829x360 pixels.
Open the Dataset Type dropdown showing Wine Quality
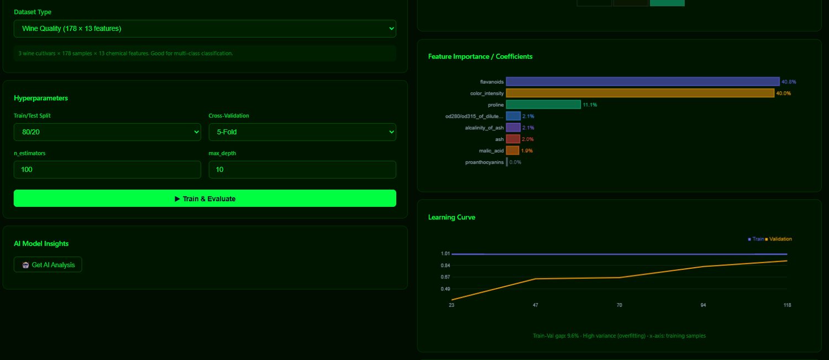pos(204,29)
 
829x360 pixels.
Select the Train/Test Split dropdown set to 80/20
pos(107,132)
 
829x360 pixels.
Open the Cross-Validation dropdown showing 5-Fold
pos(302,132)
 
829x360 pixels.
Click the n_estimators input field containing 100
pos(107,169)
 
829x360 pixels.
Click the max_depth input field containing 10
pos(302,169)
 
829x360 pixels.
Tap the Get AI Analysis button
pos(48,264)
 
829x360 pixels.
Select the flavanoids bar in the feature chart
pos(642,81)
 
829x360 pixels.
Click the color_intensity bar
pos(640,93)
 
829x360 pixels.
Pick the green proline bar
pos(543,105)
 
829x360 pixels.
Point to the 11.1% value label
pos(590,105)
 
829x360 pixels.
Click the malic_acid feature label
pos(491,151)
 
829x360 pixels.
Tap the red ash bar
pos(513,139)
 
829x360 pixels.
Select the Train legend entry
pos(755,239)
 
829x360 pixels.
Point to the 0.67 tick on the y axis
pos(445,277)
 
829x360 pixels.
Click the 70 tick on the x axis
pos(619,305)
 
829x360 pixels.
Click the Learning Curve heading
pos(452,217)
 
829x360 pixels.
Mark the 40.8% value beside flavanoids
pos(789,82)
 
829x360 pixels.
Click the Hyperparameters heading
pos(41,98)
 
